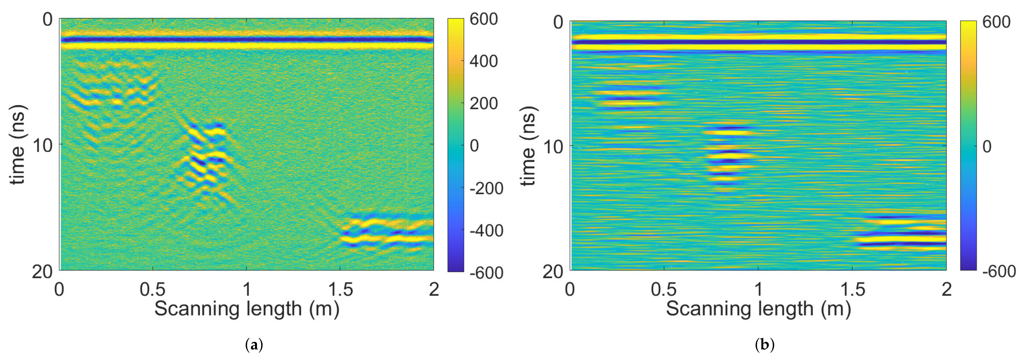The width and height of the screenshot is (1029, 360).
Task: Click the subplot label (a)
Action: pyautogui.click(x=254, y=344)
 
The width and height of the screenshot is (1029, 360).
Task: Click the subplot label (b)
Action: pyautogui.click(x=765, y=344)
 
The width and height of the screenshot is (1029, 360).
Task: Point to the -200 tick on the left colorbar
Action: pyautogui.click(x=486, y=188)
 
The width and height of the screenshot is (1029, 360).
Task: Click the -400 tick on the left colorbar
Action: pyautogui.click(x=486, y=230)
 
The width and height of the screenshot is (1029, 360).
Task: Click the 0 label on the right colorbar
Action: pyautogui.click(x=987, y=147)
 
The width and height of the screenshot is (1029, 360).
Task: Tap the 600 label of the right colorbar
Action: pyautogui.click(x=996, y=22)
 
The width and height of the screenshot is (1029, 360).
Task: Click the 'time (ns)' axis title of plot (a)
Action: pyautogui.click(x=18, y=145)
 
